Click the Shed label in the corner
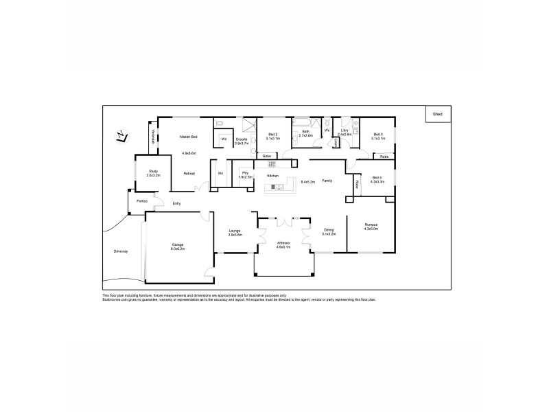tap(437, 114)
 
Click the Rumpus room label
tap(371, 225)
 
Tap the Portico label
tap(141, 201)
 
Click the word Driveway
tap(121, 251)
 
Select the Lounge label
tap(235, 231)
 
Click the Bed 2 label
tap(272, 134)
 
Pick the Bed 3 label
tap(378, 134)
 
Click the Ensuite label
tap(241, 139)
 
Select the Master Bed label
tap(189, 136)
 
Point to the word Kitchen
tap(272, 177)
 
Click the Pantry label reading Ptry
tap(245, 172)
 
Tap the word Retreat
tap(189, 173)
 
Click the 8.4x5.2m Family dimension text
tap(308, 181)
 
